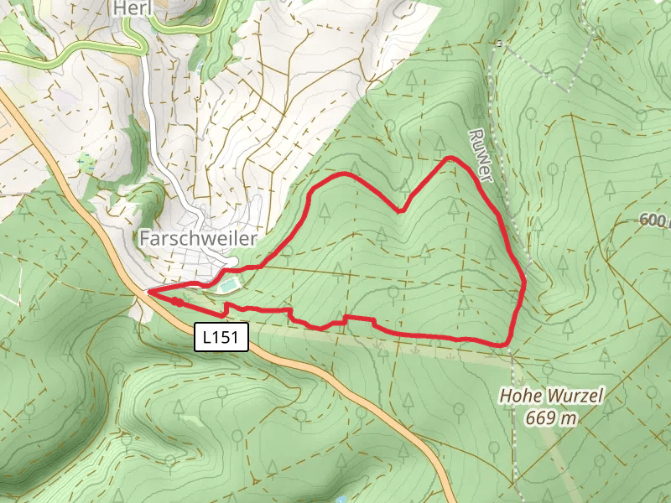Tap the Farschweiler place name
click(198, 239)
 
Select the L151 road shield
click(222, 338)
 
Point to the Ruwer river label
click(481, 154)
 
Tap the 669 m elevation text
click(551, 417)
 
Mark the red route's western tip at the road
click(149, 292)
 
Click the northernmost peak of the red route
click(452, 158)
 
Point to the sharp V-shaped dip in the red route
click(402, 210)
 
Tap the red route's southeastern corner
click(507, 344)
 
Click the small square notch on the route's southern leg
click(346, 319)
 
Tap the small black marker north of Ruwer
click(498, 43)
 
